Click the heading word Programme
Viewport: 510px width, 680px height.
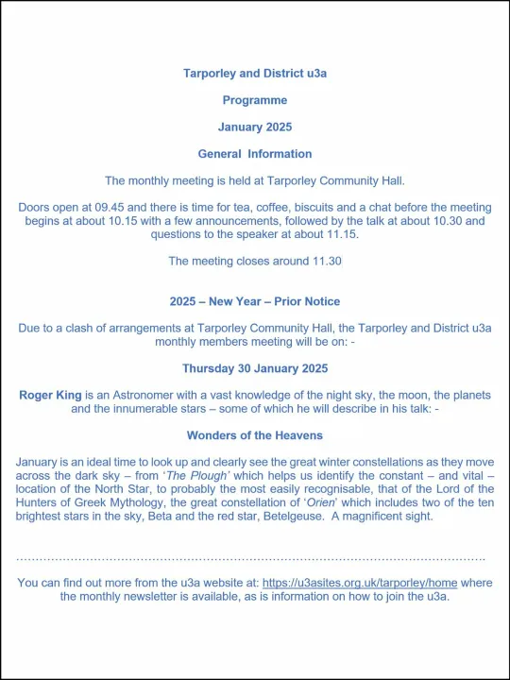coord(254,99)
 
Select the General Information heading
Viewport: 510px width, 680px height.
coord(254,154)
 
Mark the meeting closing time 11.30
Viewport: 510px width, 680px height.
coord(323,262)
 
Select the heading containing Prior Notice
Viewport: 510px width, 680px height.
coord(254,302)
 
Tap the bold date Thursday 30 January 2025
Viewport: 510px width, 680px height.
coord(254,368)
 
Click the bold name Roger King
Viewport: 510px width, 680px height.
coord(51,395)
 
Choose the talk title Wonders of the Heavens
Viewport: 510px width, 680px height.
coord(254,435)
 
